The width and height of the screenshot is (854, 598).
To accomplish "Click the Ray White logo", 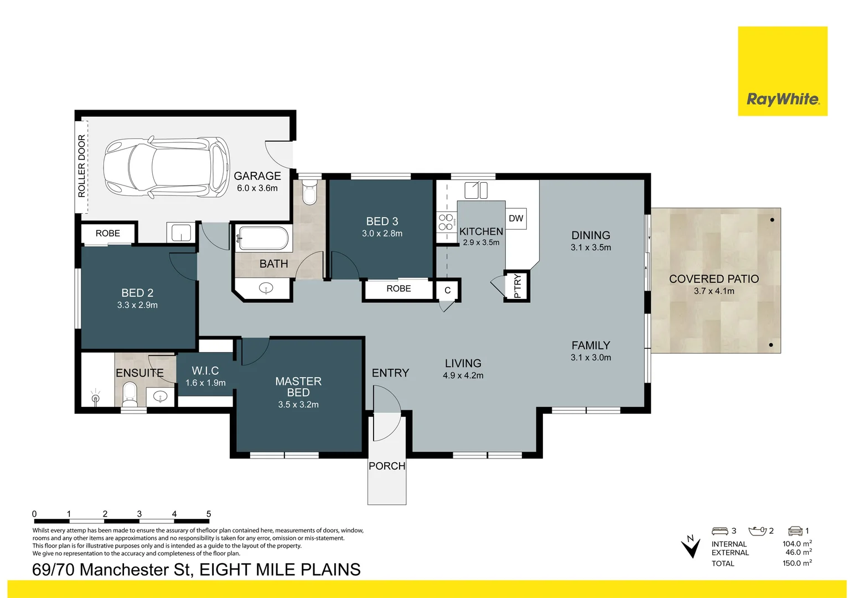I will click(782, 99).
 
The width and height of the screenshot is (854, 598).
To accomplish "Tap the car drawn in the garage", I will click(167, 167).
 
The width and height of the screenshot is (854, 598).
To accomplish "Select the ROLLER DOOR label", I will click(82, 166).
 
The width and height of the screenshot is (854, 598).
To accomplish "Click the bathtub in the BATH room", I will click(263, 239).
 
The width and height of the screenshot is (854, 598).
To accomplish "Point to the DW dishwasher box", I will click(516, 218).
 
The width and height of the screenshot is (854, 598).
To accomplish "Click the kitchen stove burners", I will click(446, 222).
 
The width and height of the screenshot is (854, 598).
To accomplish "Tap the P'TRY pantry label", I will click(517, 286).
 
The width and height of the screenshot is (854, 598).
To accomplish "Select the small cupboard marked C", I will click(447, 290).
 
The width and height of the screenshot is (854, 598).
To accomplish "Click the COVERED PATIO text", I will click(713, 279).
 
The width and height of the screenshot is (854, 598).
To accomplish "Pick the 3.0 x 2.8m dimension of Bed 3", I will click(382, 234).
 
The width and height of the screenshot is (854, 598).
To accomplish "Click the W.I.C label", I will click(205, 370).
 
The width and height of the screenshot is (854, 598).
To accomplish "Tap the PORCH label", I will click(387, 466).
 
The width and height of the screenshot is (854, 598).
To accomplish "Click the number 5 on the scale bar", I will click(209, 514).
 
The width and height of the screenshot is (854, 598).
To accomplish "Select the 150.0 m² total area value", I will click(796, 563).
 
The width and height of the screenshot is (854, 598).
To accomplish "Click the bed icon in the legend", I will click(720, 530).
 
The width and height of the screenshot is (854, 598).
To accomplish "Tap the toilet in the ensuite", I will click(130, 392).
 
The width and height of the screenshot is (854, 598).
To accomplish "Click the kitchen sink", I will click(475, 190).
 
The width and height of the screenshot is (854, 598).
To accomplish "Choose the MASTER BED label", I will click(298, 386).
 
